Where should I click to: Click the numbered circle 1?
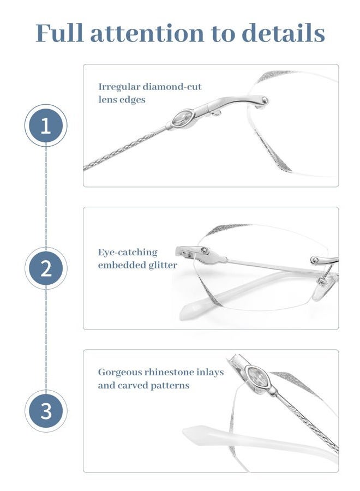pos(46,126)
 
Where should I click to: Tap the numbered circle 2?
pos(46,268)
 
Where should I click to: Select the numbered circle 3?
pos(46,411)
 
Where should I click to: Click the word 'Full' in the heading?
pos(59,33)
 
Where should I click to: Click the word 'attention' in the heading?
pos(147,33)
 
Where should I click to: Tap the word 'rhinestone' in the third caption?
pos(173,372)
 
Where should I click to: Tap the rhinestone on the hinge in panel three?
pos(255,375)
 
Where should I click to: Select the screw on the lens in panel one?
pos(265,100)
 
